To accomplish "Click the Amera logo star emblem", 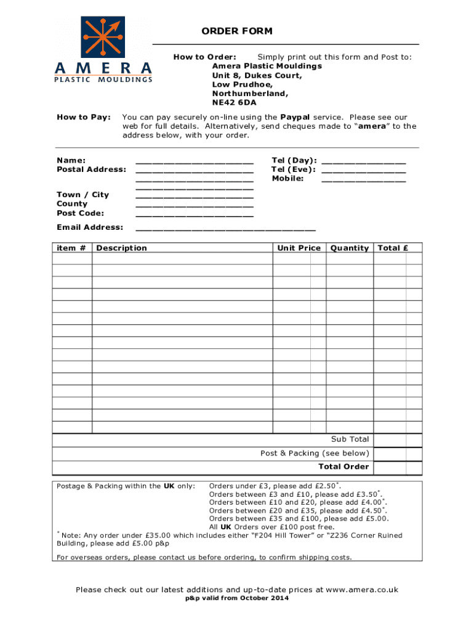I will (x=103, y=36).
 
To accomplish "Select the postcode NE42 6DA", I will (x=235, y=103).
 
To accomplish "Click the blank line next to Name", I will (x=194, y=161).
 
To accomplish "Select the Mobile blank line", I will (x=363, y=180).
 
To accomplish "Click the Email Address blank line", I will (x=225, y=229).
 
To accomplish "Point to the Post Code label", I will (x=80, y=213).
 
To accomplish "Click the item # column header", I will (x=71, y=248).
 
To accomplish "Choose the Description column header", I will (x=122, y=248).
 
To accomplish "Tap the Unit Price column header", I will (x=299, y=248).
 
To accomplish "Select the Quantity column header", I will (x=349, y=248).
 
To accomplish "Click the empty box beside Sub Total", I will (x=398, y=440).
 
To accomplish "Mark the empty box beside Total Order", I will (x=398, y=467).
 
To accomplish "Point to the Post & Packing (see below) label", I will (x=315, y=454).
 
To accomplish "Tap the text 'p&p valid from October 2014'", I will (x=237, y=599).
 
